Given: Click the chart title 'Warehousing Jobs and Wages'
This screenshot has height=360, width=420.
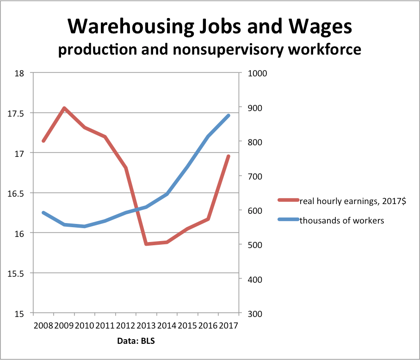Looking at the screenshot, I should [x=210, y=27].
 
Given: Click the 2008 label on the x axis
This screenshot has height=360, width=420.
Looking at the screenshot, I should [x=43, y=325].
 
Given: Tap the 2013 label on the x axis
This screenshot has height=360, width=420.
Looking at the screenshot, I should [x=146, y=325].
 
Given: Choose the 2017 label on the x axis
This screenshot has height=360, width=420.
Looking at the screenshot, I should [x=228, y=325].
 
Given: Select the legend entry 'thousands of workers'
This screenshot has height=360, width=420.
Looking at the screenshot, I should [x=342, y=220].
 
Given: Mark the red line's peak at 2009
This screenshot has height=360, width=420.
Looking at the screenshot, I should [x=64, y=108].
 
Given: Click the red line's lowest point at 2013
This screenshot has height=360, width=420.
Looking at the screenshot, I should [x=146, y=244].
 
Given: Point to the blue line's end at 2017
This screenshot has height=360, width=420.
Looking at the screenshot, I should [x=229, y=115].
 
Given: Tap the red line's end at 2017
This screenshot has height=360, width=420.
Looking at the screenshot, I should [x=229, y=156].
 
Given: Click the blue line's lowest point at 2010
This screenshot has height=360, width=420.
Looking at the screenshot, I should [x=85, y=226].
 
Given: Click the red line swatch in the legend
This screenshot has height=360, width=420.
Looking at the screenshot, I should [x=288, y=201].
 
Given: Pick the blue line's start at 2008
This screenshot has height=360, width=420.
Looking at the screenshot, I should [x=43, y=213].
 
